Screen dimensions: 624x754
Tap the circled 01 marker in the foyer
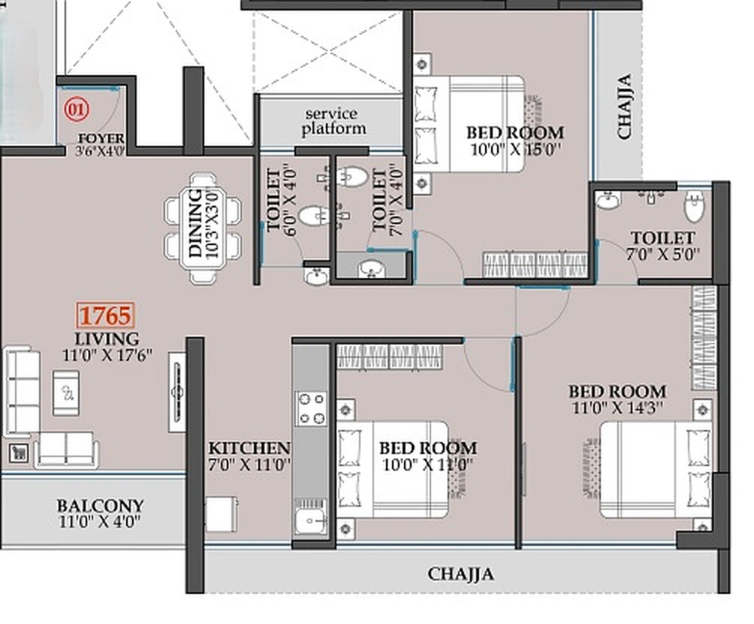pyautogui.click(x=75, y=110)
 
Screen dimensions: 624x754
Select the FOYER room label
pyautogui.click(x=101, y=139)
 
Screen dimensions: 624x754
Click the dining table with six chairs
pyautogui.click(x=204, y=228)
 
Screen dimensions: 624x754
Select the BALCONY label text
pyautogui.click(x=100, y=506)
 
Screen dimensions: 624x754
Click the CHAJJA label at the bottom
pyautogui.click(x=461, y=574)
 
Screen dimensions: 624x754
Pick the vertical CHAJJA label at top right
pyautogui.click(x=625, y=106)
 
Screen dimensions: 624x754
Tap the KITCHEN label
pyautogui.click(x=249, y=448)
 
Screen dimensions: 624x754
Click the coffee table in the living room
pyautogui.click(x=66, y=392)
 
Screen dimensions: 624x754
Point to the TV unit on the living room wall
pyautogui.click(x=177, y=391)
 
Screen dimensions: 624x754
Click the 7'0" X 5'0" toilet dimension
pyautogui.click(x=662, y=255)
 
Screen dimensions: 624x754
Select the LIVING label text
pyautogui.click(x=107, y=338)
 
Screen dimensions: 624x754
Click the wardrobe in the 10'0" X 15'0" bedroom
pyautogui.click(x=534, y=265)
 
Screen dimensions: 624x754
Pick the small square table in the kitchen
pyautogui.click(x=222, y=514)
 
